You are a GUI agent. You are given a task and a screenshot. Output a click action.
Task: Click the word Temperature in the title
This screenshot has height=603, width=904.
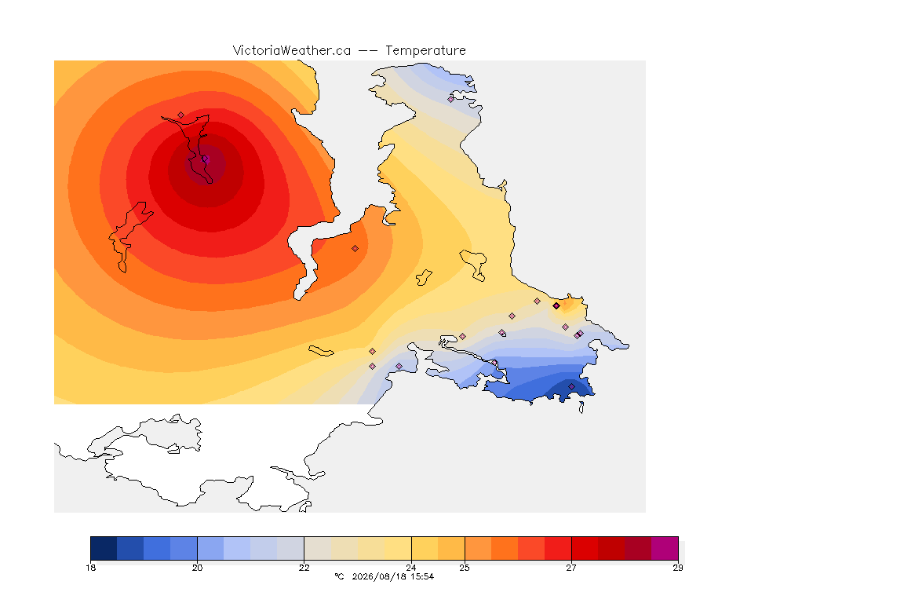point(425,51)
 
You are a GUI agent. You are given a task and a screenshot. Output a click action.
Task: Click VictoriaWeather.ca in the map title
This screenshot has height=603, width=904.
point(292,51)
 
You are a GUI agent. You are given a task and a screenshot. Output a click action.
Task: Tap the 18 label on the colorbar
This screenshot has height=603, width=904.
point(90,568)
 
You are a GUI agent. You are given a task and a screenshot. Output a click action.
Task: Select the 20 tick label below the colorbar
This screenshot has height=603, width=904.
point(197,568)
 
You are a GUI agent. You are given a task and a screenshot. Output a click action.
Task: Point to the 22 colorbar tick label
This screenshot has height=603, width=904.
point(304,568)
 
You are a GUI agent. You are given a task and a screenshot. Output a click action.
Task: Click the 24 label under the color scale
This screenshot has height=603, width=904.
point(411,568)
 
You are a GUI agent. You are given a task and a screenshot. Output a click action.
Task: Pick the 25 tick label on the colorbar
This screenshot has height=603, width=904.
point(464,568)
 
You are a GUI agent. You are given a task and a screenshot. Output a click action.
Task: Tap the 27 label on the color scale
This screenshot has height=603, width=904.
point(570,568)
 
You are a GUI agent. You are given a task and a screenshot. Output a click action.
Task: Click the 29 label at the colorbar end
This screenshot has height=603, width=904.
point(678,568)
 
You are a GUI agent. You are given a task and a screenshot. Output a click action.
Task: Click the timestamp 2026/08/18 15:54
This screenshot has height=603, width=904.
point(392,576)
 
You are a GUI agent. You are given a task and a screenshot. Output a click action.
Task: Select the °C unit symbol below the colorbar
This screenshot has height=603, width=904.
point(339,576)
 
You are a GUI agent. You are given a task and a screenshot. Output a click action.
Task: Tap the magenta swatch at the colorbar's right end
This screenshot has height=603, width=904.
point(665,548)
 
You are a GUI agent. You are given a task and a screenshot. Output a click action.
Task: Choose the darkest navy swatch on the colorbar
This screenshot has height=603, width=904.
point(104,548)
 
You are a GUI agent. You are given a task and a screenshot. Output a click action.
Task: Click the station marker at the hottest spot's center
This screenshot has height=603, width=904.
point(205,159)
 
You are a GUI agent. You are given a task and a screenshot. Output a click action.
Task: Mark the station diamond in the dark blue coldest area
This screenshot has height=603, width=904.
point(571,386)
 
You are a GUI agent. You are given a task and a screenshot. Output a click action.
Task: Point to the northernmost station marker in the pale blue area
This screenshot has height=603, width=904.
point(451,99)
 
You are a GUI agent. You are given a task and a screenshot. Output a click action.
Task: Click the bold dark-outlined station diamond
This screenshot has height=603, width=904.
point(556,306)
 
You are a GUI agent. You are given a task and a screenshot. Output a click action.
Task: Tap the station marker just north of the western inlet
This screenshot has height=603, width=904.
point(181,115)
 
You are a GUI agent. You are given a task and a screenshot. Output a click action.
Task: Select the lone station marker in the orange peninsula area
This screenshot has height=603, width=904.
point(355,249)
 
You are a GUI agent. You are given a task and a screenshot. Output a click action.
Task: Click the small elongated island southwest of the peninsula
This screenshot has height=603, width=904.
point(321,351)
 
